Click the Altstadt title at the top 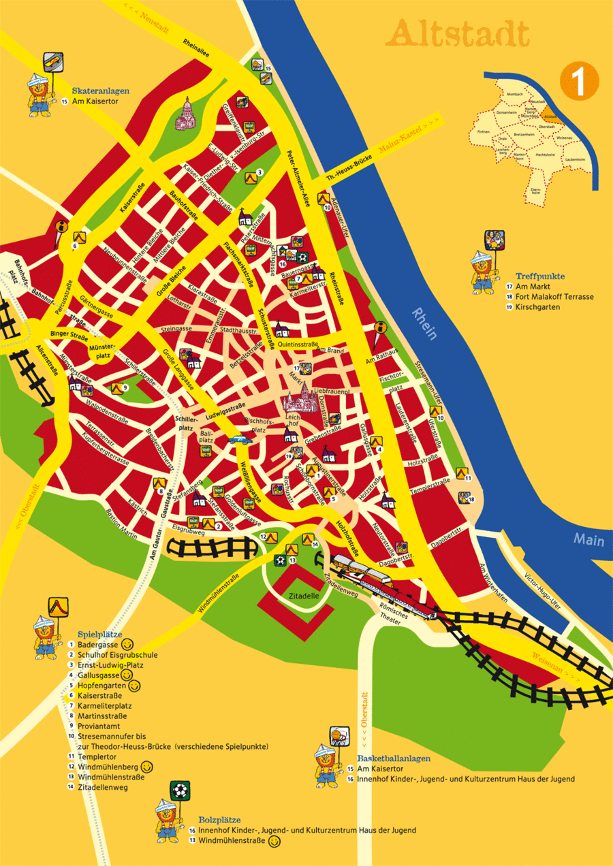[x=461, y=33]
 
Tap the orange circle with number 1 [x=578, y=80]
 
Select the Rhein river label [x=424, y=324]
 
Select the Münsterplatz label [x=100, y=352]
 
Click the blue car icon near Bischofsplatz [x=239, y=439]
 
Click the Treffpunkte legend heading [x=540, y=276]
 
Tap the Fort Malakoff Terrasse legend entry [x=554, y=297]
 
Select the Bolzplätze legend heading [x=219, y=820]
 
